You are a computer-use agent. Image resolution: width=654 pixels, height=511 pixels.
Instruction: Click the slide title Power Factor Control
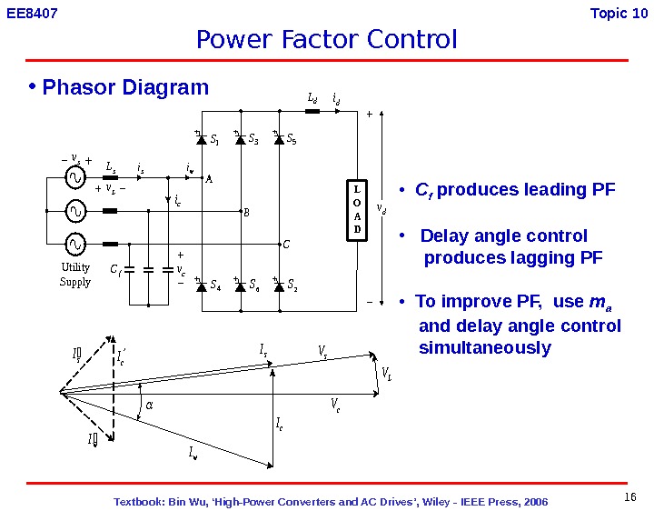[327, 40]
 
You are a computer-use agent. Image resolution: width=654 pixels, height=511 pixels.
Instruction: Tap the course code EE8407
[32, 14]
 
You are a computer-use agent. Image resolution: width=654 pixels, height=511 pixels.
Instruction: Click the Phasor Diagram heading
[125, 87]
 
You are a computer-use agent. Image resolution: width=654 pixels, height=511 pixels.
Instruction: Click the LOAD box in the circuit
[357, 211]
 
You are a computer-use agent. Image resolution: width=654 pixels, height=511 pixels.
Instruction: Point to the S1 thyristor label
[214, 140]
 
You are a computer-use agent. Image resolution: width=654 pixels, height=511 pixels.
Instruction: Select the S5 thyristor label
[291, 140]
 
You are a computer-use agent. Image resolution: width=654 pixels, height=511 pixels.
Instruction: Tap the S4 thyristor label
[215, 286]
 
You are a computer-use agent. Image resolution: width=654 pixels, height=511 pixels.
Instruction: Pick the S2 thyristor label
[292, 286]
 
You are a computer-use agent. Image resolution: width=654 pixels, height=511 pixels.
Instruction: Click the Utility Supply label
[75, 275]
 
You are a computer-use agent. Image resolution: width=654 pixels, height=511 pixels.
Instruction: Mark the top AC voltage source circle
[74, 179]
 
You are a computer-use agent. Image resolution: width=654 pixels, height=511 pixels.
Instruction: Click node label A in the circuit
[208, 180]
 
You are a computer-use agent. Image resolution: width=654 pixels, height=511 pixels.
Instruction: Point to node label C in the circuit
[284, 245]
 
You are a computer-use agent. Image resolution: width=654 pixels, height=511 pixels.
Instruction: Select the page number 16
[630, 496]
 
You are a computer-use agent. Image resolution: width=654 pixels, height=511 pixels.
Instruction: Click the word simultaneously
[485, 348]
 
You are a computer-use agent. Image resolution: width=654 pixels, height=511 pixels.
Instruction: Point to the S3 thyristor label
[253, 140]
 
